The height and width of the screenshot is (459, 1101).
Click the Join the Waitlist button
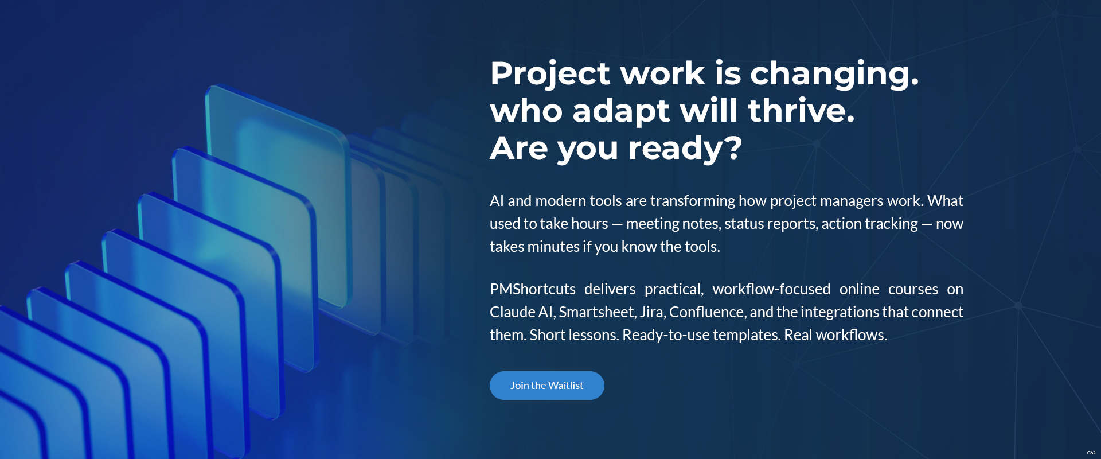[546, 386]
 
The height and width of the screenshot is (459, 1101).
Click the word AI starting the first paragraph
[497, 201]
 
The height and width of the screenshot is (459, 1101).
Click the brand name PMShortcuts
[532, 289]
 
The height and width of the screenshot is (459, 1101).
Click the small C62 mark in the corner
[1091, 453]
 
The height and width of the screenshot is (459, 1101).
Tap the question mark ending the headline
[733, 147]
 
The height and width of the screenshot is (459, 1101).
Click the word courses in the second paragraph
[913, 289]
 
